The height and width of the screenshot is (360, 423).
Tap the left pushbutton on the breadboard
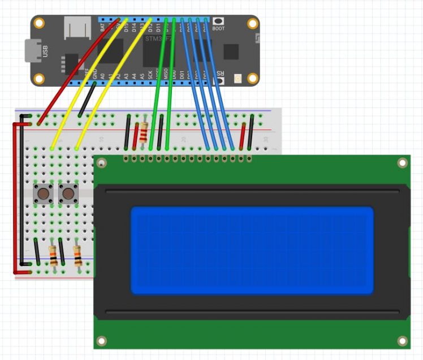pos(42,194)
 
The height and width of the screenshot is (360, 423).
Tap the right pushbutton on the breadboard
pos(68,194)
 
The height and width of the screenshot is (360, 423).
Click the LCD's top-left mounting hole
pos(102,164)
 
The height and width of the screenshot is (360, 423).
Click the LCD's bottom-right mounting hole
pos(402,341)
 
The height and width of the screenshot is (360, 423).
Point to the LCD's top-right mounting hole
pos(402,164)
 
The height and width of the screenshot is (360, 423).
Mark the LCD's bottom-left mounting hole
pos(102,341)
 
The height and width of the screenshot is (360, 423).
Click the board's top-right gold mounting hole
pos(252,24)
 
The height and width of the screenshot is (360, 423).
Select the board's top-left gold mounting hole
pos(39,24)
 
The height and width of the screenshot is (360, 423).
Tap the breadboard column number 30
pos(265,139)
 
